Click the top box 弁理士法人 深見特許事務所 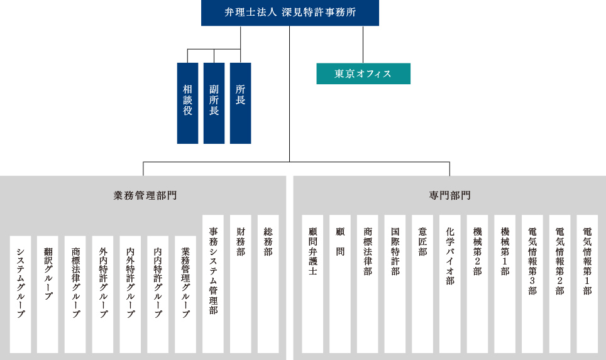(290, 13)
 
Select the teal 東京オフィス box (363, 74)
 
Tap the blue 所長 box (240, 103)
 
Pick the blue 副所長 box (214, 103)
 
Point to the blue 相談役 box (187, 103)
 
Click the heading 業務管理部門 (145, 195)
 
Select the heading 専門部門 (449, 195)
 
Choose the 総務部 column (268, 284)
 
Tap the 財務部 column (240, 284)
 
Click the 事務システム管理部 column (213, 284)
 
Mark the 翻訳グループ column (48, 294)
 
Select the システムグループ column (20, 294)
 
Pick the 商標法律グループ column (75, 294)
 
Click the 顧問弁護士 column (312, 284)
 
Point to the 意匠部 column (422, 284)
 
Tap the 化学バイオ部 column (450, 284)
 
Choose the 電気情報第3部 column (532, 284)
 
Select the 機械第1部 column (505, 284)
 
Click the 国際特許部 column (395, 284)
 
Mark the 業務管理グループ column (185, 294)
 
